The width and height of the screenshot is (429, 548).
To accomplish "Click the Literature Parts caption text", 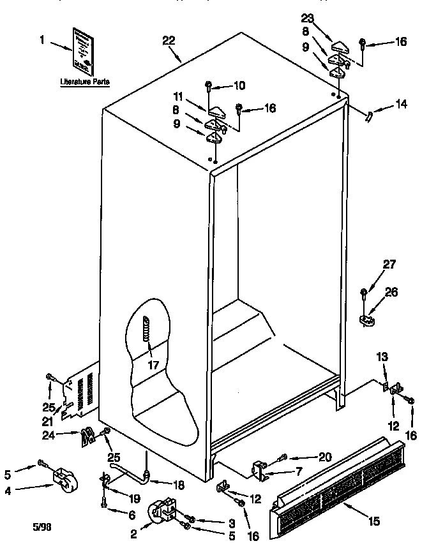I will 84,82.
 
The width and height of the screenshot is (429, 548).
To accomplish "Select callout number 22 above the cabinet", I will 169,40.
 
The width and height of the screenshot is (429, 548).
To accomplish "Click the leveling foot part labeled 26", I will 366,318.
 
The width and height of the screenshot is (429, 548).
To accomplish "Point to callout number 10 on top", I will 239,84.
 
